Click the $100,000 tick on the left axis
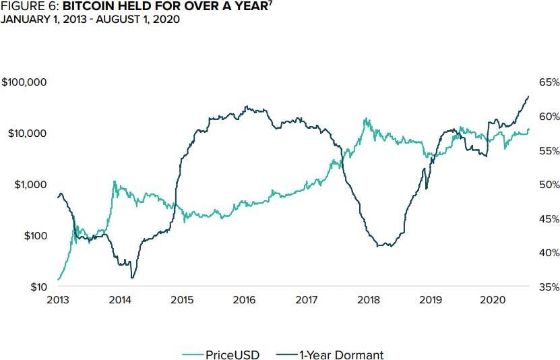pyautogui.click(x=24, y=82)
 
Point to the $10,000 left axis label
pyautogui.click(x=27, y=133)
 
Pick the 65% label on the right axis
pyautogui.click(x=549, y=82)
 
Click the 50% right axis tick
pyautogui.click(x=549, y=185)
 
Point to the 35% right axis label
pyautogui.click(x=549, y=287)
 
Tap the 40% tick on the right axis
pyautogui.click(x=549, y=253)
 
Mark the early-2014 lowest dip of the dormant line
pyautogui.click(x=132, y=278)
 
